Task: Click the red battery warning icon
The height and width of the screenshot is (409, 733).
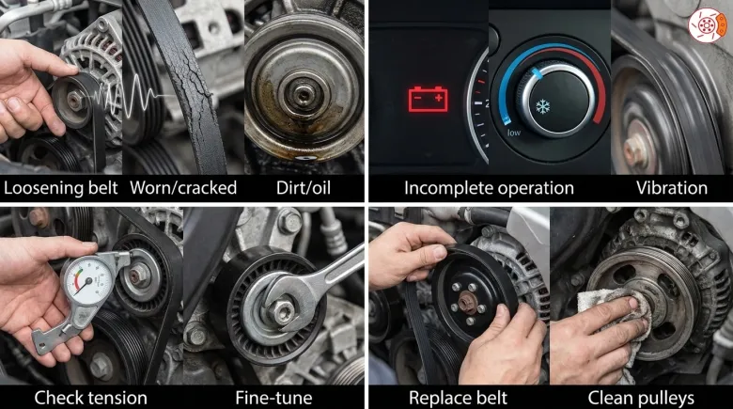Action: [429, 99]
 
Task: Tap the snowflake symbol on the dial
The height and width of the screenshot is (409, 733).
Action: [543, 106]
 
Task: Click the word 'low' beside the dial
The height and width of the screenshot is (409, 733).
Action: [514, 133]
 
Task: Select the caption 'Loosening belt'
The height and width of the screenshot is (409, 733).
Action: [61, 188]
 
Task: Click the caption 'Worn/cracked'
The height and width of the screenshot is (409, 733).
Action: [183, 188]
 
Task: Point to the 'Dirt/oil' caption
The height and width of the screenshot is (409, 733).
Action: [304, 188]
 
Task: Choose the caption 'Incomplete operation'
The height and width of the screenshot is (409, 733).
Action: [489, 188]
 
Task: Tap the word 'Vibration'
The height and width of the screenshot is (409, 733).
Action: [672, 188]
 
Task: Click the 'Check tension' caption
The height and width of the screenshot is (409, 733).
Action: [91, 398]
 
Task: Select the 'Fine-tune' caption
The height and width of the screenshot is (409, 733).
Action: [273, 398]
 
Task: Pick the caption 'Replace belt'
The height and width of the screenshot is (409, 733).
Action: [458, 398]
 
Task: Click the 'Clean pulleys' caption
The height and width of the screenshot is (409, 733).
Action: [641, 399]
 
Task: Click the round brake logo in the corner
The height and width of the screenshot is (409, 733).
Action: [708, 24]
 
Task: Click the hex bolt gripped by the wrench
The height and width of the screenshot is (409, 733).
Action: [284, 311]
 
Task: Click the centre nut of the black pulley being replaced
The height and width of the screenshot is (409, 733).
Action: [468, 303]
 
